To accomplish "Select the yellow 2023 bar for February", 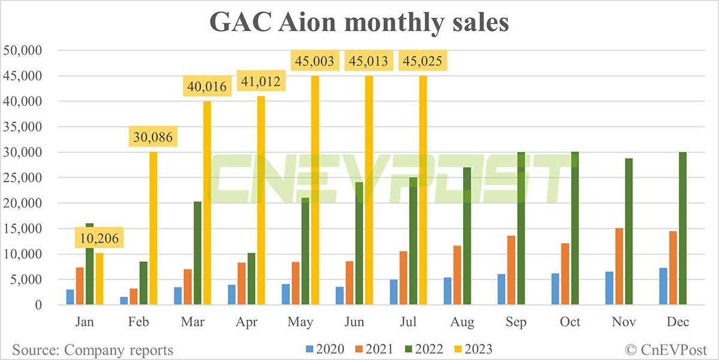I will coord(153,228).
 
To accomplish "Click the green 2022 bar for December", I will coord(682,228).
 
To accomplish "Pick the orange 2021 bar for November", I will coord(619,267).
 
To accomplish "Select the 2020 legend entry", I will coord(321,349).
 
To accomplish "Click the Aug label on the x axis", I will coord(462,322).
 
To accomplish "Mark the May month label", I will coord(300,322).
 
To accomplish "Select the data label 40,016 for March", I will coord(207,87).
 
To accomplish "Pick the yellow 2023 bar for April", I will coord(261,201).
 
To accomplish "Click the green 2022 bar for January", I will coord(90,264).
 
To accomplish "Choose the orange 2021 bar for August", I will coord(457,275).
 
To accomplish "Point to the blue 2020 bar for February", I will coord(123,301).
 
